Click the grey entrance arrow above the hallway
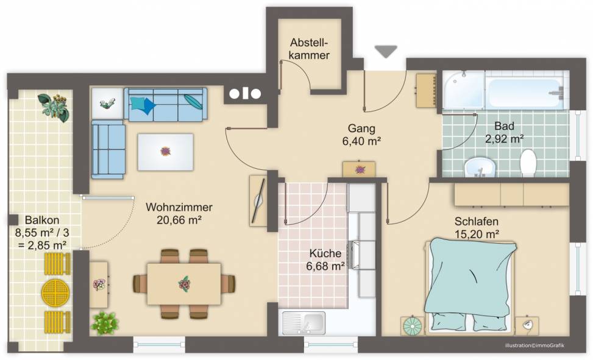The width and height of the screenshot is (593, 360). [386, 51]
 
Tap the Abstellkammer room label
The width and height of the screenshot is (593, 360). [309, 48]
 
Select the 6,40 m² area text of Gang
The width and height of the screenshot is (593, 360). [361, 141]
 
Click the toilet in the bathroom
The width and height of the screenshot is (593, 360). [528, 162]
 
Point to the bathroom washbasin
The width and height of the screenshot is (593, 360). [480, 167]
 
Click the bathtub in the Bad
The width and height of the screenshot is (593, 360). [526, 91]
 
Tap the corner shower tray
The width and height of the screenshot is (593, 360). [463, 90]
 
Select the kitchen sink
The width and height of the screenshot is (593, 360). [304, 323]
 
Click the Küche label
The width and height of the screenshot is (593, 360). [325, 253]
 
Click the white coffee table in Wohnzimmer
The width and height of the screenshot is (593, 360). [165, 152]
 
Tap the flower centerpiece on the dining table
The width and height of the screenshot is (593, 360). [184, 284]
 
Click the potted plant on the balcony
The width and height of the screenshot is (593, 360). [54, 107]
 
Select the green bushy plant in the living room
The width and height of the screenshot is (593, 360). [104, 323]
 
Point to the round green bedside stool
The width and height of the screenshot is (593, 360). [412, 326]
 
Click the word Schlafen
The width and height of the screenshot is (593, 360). [476, 221]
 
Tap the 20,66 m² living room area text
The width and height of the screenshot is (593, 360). [179, 220]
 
